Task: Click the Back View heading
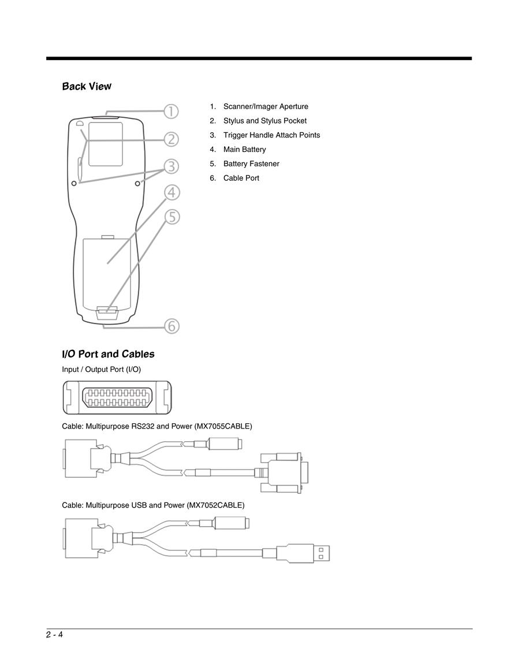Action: tap(87, 87)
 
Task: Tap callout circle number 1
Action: tap(171, 111)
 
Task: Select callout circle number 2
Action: tap(171, 139)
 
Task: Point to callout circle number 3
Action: tap(171, 166)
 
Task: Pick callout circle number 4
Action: tap(171, 192)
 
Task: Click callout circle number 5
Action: tap(172, 217)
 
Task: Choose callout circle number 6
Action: tap(172, 326)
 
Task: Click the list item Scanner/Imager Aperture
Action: tap(266, 106)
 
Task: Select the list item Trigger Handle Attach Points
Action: tap(272, 135)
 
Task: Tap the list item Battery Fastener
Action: tap(251, 164)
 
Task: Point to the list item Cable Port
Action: tap(241, 178)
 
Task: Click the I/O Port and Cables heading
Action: tap(108, 354)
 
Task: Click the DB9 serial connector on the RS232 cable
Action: tap(283, 473)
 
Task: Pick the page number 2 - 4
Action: tap(55, 635)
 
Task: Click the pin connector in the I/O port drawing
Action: tap(117, 397)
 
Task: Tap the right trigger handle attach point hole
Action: tap(137, 183)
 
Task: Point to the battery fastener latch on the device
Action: tap(107, 312)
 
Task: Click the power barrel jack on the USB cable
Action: tap(230, 523)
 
